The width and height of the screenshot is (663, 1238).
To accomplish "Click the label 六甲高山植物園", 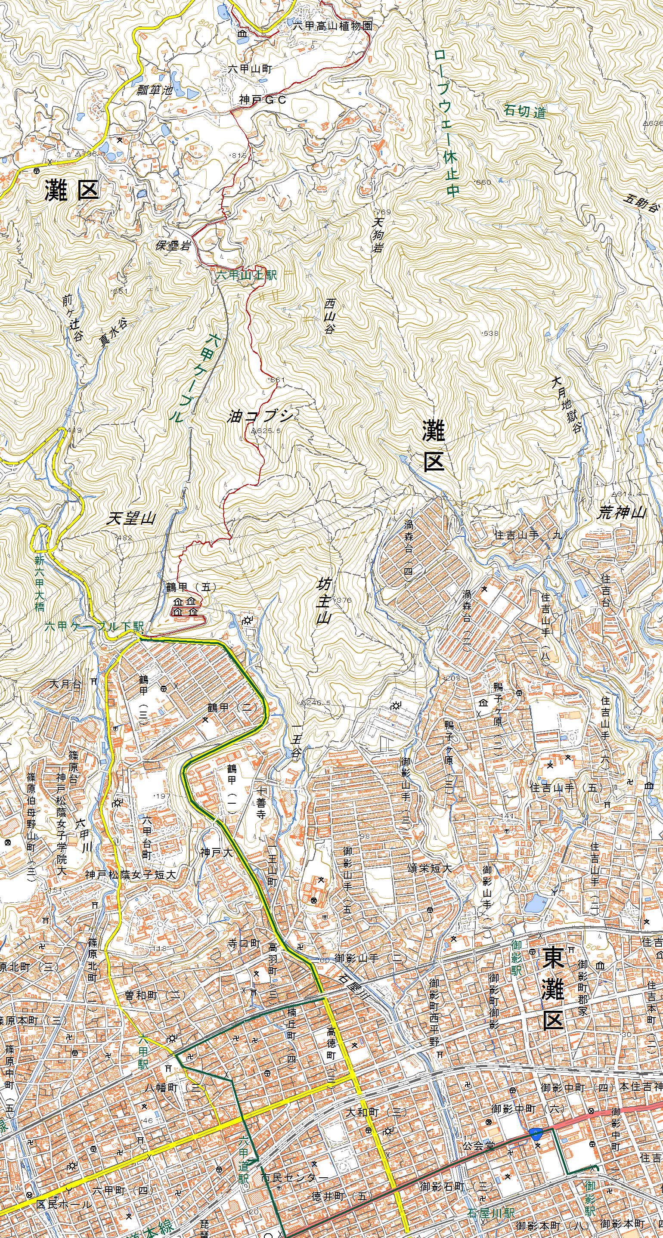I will [x=333, y=25].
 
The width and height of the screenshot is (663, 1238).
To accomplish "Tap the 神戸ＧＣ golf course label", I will [x=263, y=99].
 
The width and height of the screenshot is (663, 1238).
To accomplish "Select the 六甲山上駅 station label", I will [x=246, y=275].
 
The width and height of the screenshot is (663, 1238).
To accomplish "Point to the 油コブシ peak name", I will [x=260, y=416].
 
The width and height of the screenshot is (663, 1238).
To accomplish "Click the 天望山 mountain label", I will [x=131, y=519].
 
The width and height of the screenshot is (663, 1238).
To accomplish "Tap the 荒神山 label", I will [x=621, y=513].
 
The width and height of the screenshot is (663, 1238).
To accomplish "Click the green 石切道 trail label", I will [x=524, y=111].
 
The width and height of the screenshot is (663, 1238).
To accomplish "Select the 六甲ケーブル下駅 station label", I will [x=94, y=626].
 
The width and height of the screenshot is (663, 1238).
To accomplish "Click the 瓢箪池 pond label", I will [x=155, y=90].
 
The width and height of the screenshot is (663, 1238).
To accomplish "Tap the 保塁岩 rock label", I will [x=173, y=246].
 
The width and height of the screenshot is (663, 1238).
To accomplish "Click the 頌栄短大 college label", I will [x=429, y=868].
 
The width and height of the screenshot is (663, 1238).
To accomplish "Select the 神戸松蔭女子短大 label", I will [x=130, y=875].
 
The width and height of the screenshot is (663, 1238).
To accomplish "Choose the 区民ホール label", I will [x=64, y=1204].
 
